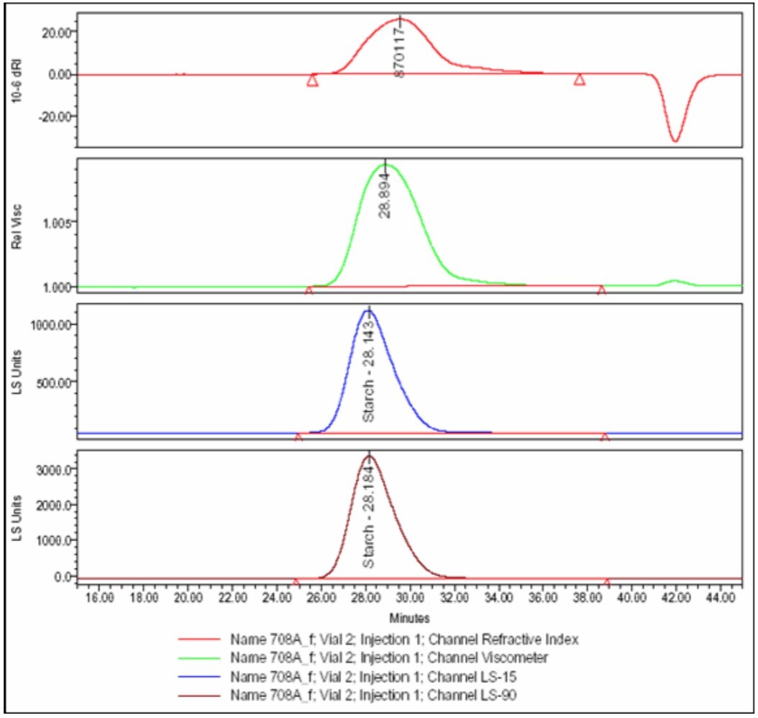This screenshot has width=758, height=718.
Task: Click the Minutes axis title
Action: click(409, 617)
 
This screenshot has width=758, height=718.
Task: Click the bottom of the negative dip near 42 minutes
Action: click(675, 141)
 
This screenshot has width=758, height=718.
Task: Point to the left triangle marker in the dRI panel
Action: click(312, 80)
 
